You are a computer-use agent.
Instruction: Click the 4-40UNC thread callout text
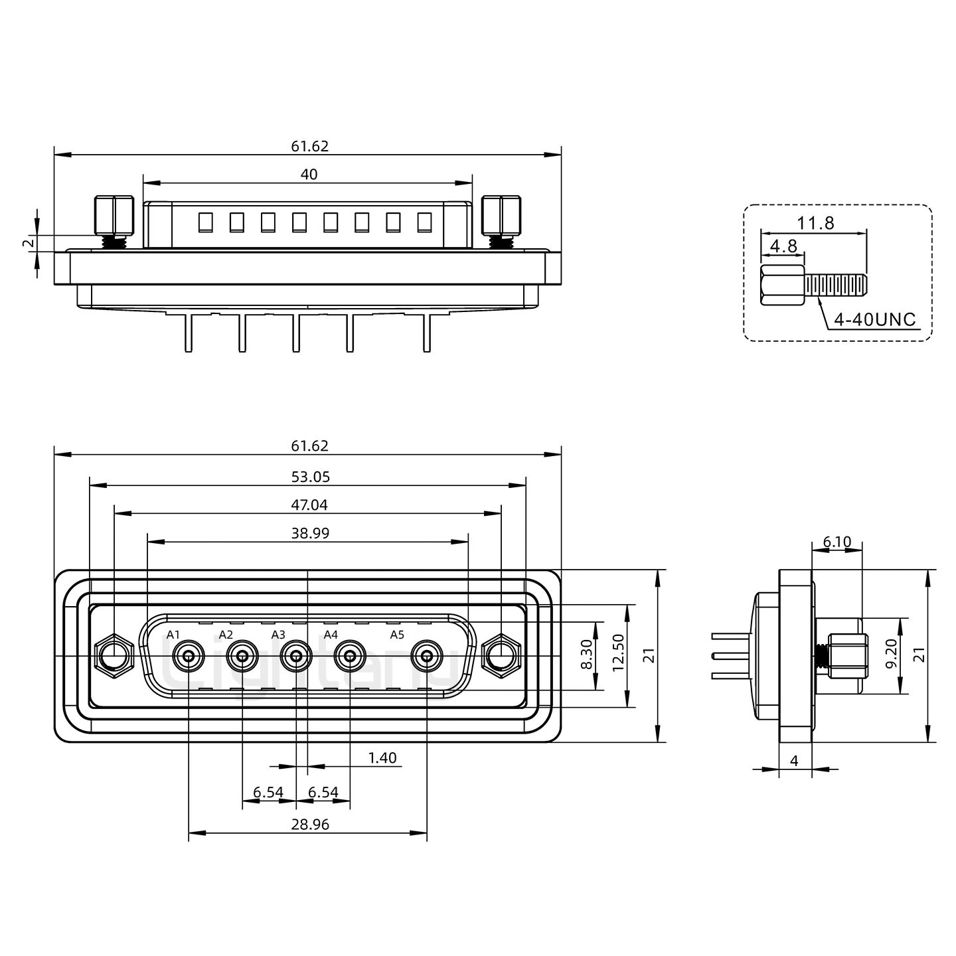point(874,319)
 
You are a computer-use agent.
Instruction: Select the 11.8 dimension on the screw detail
point(815,223)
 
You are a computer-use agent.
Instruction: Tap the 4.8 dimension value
point(783,246)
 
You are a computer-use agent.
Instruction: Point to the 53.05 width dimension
point(309,476)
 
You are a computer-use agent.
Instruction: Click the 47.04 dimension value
point(309,505)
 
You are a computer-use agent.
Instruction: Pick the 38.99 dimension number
point(309,533)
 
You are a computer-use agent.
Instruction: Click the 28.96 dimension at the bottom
point(309,825)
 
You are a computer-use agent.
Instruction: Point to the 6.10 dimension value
point(836,542)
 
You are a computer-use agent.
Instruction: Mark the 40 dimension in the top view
point(309,175)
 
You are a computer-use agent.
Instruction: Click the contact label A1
point(173,635)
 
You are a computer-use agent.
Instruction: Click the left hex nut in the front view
point(114,656)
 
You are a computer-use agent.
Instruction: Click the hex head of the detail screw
point(781,285)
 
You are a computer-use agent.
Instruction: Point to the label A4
point(331,635)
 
